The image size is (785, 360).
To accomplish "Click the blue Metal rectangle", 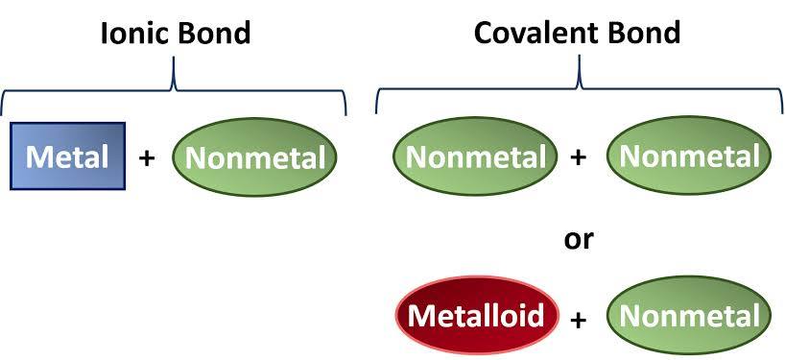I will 68,156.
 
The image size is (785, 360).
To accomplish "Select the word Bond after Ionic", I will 215,33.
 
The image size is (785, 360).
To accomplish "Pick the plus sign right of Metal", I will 147,157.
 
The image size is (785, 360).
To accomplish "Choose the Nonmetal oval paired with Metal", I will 254,156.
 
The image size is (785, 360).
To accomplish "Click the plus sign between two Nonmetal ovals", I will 579,157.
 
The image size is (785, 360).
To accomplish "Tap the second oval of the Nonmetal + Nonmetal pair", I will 690,156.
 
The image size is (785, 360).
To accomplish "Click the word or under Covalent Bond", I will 579,237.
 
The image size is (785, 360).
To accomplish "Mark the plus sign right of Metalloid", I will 579,318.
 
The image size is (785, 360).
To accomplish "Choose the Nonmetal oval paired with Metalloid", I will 690,316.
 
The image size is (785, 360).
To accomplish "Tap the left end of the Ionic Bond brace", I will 3,113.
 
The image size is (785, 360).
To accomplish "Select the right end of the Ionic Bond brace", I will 345,113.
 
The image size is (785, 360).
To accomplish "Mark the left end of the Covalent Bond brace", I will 376,113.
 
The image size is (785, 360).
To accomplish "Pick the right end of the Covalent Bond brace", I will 780,113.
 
